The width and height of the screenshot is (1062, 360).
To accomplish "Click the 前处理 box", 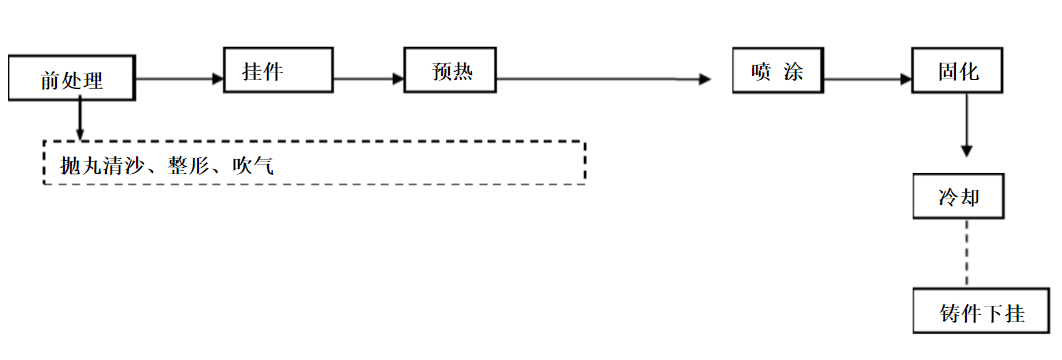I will pyautogui.click(x=71, y=78).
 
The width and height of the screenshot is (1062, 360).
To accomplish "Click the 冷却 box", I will pyautogui.click(x=957, y=197).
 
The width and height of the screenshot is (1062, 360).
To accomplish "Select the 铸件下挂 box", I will pyautogui.click(x=981, y=311).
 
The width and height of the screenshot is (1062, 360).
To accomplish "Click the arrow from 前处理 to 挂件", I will pyautogui.click(x=178, y=79).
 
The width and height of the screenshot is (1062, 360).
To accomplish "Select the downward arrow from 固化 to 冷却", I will pyautogui.click(x=966, y=125).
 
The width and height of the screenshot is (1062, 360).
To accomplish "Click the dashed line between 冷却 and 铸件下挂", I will pyautogui.click(x=966, y=254).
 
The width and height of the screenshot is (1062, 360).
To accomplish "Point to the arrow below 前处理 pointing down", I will pyautogui.click(x=79, y=120).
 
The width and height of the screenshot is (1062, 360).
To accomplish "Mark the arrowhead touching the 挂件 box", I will pyautogui.click(x=217, y=79).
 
